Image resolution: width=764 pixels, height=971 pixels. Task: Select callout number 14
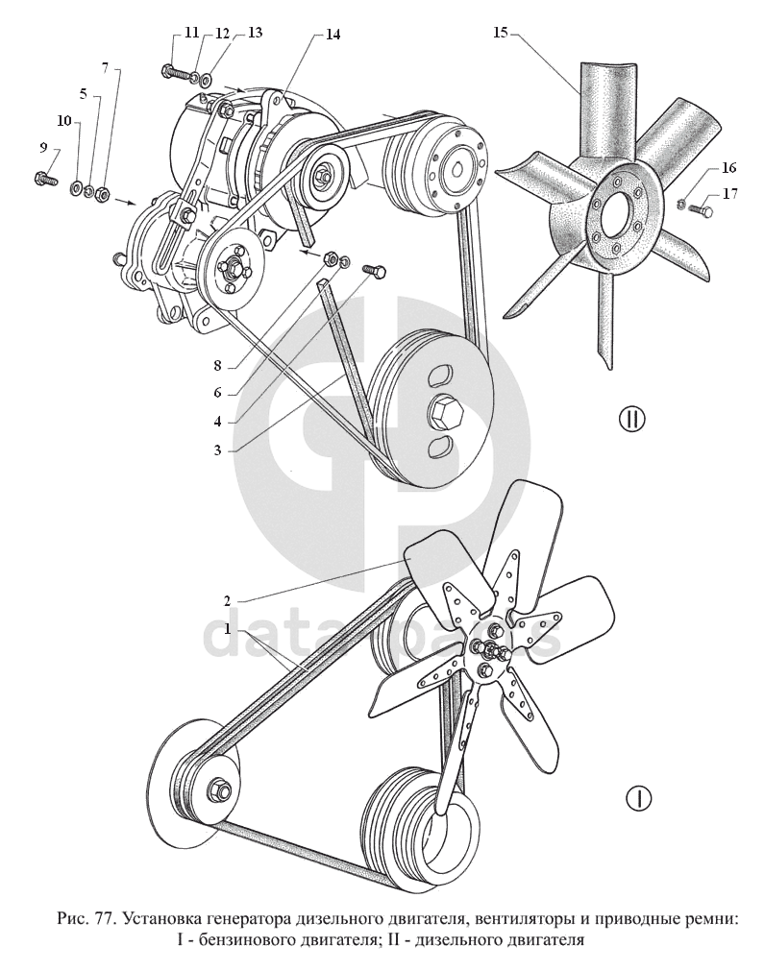(x=333, y=35)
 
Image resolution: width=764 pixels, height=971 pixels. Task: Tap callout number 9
(x=43, y=147)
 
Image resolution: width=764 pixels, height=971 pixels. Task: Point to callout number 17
(x=731, y=193)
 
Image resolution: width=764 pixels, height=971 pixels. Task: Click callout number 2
(x=228, y=601)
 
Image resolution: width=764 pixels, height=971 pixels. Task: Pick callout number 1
(x=228, y=629)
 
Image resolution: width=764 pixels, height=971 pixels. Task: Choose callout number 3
(x=219, y=449)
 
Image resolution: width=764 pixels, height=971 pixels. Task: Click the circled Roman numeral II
(x=631, y=419)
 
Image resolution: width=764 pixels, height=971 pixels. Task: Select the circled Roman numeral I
(x=638, y=797)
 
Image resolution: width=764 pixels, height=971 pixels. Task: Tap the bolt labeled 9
(x=43, y=177)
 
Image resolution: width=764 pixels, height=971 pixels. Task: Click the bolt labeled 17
(x=702, y=208)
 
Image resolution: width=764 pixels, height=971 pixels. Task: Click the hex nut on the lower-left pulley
(x=219, y=789)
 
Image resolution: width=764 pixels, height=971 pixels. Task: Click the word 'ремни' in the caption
(x=710, y=919)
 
